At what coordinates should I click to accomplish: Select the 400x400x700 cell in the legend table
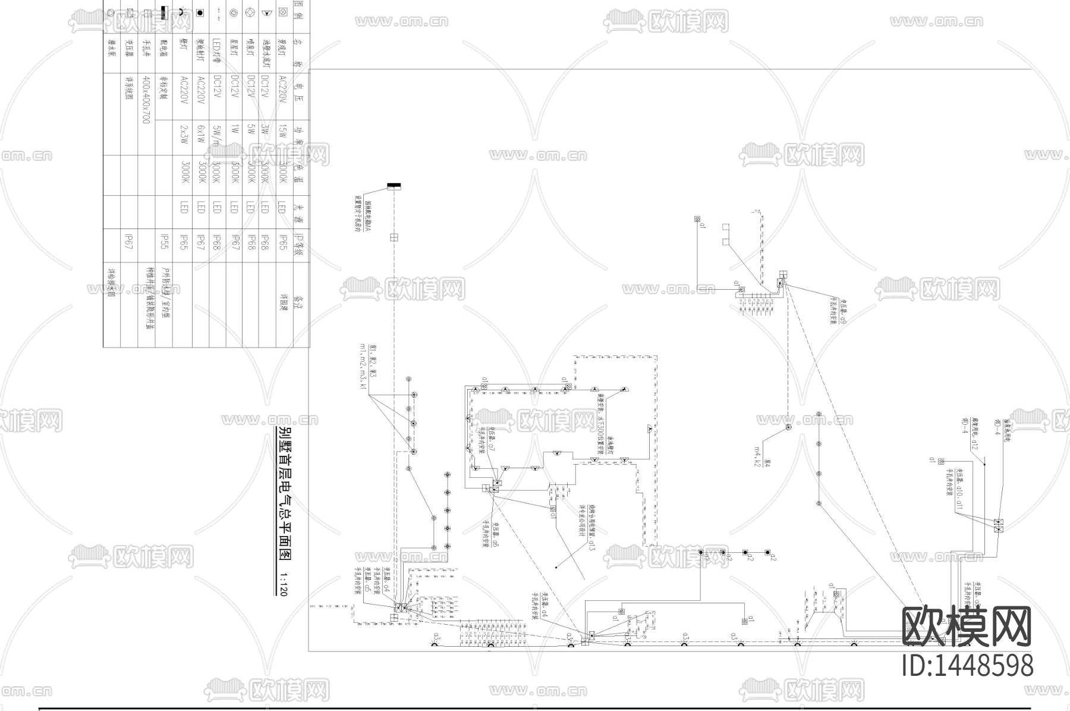pos(147,99)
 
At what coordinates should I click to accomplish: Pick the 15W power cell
pos(283,134)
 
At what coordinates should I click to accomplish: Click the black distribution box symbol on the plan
pos(394,187)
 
